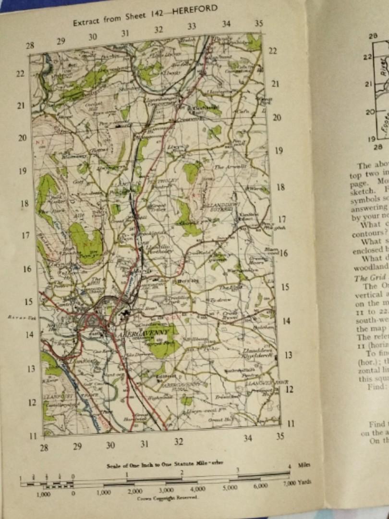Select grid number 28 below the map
point(45,448)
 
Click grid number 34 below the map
point(247,438)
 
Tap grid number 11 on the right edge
point(290,423)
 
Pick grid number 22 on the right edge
point(273,51)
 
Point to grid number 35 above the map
point(259,23)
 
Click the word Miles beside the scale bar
point(304,465)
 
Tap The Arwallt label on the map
point(225,167)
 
